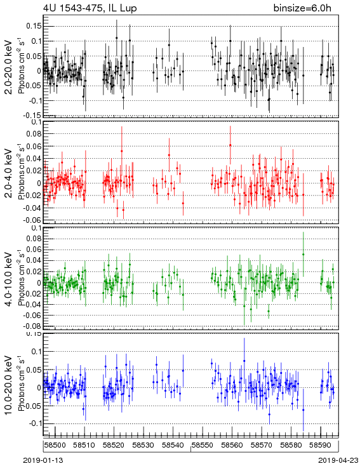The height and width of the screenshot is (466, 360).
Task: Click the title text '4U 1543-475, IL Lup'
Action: coord(90,8)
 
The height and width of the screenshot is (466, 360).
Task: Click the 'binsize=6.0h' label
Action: coord(302,8)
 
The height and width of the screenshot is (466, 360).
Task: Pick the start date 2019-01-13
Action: coord(43,460)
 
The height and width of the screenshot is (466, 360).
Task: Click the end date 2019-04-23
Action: coord(338,460)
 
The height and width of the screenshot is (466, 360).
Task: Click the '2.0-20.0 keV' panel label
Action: coord(9,67)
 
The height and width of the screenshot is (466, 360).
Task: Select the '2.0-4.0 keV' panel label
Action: coord(9,173)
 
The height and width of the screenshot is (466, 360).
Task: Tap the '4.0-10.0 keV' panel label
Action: coord(9,279)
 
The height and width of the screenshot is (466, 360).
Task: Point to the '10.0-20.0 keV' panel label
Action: coord(9,385)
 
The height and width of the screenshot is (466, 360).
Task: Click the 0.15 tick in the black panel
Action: coord(34,26)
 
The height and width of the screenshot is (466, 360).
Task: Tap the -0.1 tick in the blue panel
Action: coord(35,423)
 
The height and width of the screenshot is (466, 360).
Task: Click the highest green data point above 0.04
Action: coord(303,255)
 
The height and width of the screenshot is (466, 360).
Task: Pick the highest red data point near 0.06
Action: coord(230,145)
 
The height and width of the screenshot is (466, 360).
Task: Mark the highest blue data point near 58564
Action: coord(244,361)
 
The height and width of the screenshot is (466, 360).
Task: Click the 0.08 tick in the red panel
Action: coord(34,134)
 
